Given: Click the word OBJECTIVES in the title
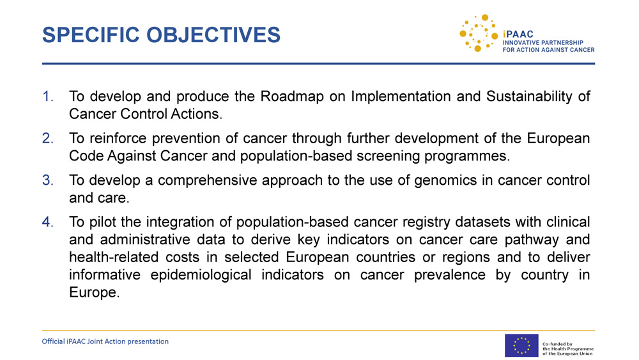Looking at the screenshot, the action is [x=213, y=35].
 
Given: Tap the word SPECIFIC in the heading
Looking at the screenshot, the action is [x=91, y=35].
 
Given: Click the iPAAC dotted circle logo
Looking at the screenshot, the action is [x=479, y=33].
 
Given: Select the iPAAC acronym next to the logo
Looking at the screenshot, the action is [x=518, y=35].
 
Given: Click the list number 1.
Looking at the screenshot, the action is [x=48, y=96].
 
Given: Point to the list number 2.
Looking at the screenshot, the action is [x=48, y=138].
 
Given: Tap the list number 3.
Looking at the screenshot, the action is [x=48, y=180].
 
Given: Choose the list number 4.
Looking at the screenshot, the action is [x=48, y=222].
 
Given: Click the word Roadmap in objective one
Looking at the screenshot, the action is [x=292, y=97].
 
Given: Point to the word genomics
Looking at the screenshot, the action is [x=445, y=180].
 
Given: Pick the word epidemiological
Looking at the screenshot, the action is [x=201, y=275].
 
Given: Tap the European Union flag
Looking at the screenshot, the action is [x=521, y=345].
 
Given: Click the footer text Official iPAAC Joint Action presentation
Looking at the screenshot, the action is [x=105, y=341].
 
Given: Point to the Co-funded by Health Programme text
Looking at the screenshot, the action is [x=567, y=348].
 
